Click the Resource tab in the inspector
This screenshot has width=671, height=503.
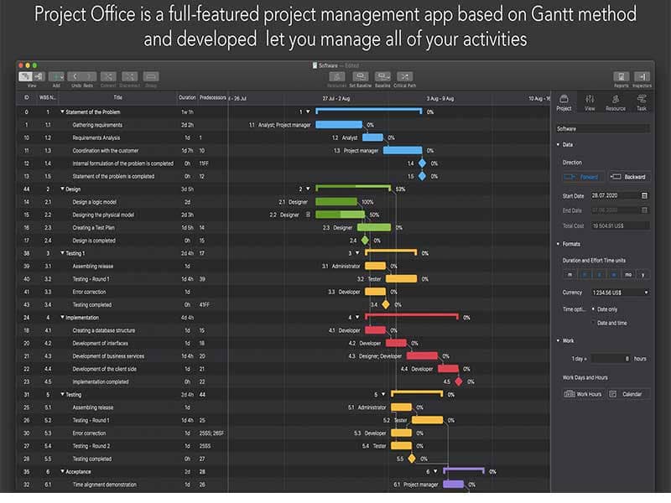[616, 101]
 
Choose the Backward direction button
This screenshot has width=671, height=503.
[628, 177]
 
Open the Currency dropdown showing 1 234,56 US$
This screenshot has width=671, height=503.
[605, 293]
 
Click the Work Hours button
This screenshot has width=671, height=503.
[583, 394]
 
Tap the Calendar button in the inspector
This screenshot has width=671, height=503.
[628, 394]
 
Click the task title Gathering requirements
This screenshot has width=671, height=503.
[97, 125]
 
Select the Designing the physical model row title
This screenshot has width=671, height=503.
[103, 215]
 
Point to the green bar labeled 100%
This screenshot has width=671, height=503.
[336, 202]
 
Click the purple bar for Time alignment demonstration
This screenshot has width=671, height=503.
[453, 485]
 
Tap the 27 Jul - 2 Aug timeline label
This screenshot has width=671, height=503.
[332, 98]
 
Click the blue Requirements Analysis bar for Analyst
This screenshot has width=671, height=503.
[372, 137]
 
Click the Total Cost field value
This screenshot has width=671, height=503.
[619, 226]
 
